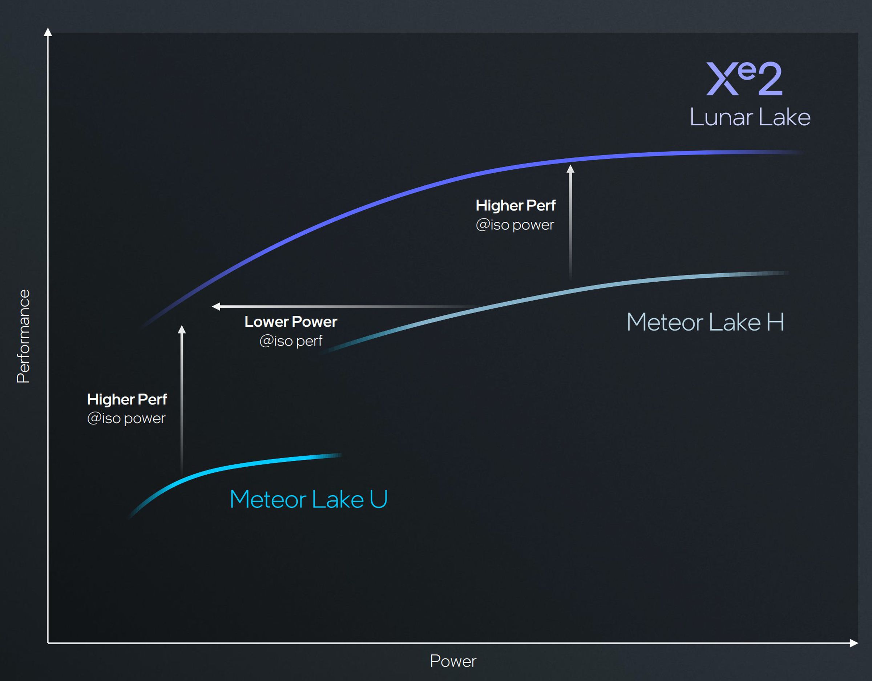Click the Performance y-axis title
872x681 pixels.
click(x=23, y=336)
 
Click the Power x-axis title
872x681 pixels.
click(x=453, y=661)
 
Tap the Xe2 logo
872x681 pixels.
click(x=744, y=79)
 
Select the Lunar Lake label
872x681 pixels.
click(x=750, y=117)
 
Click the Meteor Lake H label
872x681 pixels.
click(x=705, y=322)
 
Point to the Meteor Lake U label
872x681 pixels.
click(x=308, y=499)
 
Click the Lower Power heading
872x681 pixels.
click(x=291, y=322)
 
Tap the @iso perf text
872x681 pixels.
click(x=291, y=341)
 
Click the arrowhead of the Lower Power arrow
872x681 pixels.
click(x=216, y=306)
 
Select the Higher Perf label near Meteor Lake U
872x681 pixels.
click(x=127, y=399)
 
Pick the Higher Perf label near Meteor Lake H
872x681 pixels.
click(x=516, y=205)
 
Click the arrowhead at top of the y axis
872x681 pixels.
click(x=48, y=32)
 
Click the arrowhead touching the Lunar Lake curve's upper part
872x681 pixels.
click(x=570, y=169)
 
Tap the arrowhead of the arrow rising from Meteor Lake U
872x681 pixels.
click(x=182, y=329)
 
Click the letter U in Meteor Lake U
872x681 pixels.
click(x=379, y=499)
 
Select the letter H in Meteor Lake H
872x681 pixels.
click(x=775, y=322)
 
